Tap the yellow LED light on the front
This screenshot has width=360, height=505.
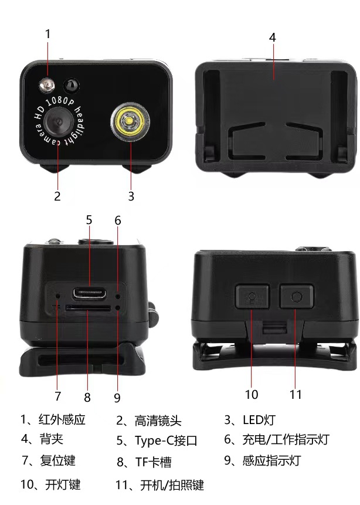tap(128, 121)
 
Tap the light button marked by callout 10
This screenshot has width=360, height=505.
tap(252, 297)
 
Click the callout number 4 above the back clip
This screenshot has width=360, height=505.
tap(273, 37)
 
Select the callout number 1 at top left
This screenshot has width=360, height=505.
tap(48, 34)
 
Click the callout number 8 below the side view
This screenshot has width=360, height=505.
tap(87, 397)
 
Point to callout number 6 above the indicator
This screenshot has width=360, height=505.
tap(118, 221)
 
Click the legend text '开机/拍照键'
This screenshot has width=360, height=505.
tap(167, 485)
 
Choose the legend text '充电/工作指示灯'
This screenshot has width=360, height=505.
tap(285, 439)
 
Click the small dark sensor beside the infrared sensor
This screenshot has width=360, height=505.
tap(71, 85)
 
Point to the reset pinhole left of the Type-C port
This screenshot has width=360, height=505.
tap(57, 290)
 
